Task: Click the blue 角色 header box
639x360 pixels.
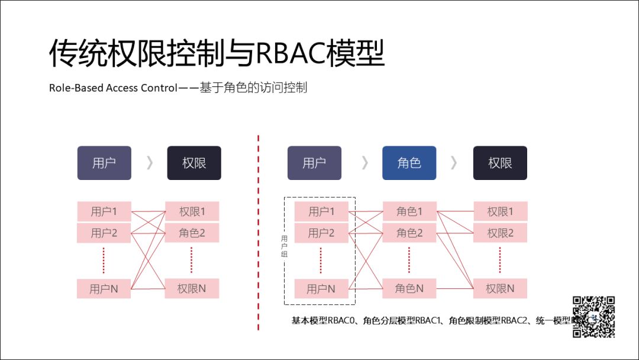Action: (409, 163)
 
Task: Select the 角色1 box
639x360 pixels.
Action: (409, 211)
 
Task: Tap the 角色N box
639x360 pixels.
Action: (409, 289)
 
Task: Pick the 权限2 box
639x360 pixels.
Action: (500, 233)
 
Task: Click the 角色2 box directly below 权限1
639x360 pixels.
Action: (192, 233)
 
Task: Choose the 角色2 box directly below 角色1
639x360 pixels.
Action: (409, 233)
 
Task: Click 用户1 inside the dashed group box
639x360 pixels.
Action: (321, 211)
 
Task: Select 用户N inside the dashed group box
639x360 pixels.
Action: (321, 289)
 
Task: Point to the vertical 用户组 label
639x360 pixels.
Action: (284, 246)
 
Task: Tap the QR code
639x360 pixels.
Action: (593, 317)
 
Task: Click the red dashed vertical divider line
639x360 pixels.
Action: (259, 237)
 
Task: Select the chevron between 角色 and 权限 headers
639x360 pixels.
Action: (454, 163)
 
